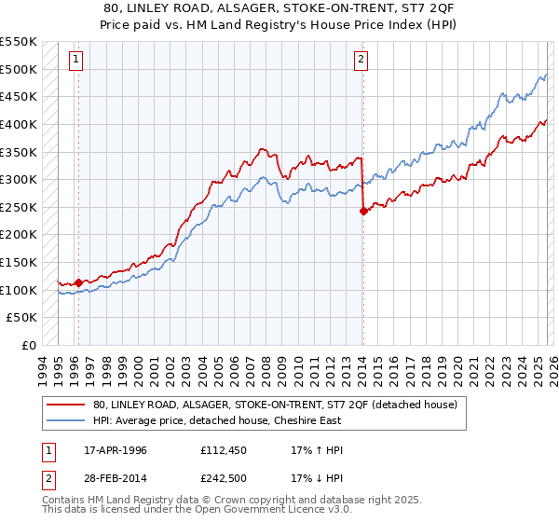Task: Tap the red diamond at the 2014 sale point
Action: click(x=362, y=212)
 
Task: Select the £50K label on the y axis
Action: click(x=22, y=318)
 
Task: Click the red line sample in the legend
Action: click(x=67, y=405)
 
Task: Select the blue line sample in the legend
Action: click(x=67, y=420)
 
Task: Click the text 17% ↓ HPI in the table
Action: click(x=317, y=480)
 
